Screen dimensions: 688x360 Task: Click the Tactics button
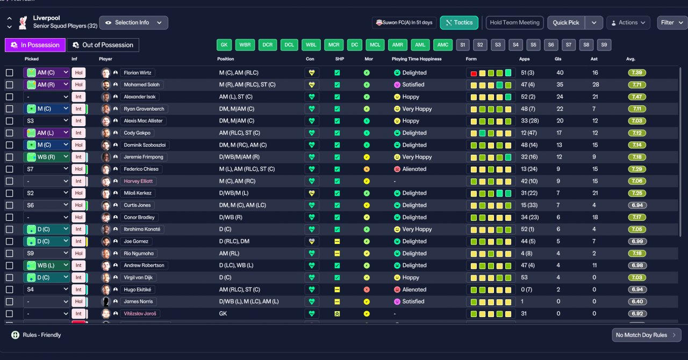(459, 23)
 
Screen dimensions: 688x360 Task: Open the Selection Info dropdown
(134, 23)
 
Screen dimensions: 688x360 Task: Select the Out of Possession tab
(103, 45)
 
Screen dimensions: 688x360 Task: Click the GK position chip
(224, 45)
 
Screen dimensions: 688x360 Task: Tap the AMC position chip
(443, 45)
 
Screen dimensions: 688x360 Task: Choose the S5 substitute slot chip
(533, 45)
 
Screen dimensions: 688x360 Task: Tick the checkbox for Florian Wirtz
(10, 73)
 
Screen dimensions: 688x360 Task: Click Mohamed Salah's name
(141, 85)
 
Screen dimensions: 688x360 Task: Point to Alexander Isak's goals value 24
(560, 97)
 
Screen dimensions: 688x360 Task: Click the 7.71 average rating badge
(637, 85)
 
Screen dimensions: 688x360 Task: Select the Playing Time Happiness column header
(417, 59)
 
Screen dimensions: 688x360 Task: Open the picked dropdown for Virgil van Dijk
(46, 277)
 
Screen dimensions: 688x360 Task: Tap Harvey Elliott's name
(138, 181)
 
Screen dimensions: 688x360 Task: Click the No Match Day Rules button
(646, 335)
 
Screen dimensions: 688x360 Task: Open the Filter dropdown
(672, 23)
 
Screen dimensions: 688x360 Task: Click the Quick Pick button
(566, 23)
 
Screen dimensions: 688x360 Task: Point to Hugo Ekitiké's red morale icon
(367, 290)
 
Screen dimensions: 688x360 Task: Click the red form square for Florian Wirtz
(474, 73)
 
